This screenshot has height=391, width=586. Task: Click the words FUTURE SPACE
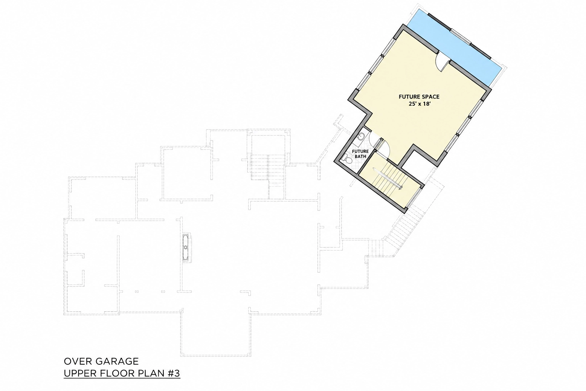419,97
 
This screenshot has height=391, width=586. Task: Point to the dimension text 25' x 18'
420,104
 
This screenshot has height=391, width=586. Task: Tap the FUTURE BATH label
360,154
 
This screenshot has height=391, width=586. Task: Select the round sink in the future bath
361,136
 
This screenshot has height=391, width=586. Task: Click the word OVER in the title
78,361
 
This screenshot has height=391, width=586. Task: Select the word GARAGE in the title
117,361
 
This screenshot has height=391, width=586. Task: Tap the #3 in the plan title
174,373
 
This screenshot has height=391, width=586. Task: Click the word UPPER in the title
80,373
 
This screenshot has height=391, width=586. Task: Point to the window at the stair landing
414,198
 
